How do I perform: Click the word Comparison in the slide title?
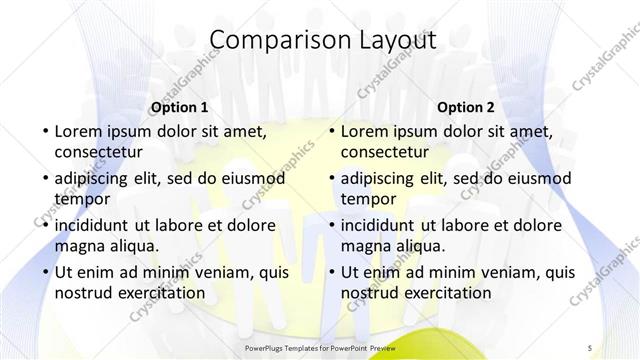(270, 40)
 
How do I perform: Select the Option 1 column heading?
(180, 107)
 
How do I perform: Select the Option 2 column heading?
(466, 107)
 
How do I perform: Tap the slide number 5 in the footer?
(591, 346)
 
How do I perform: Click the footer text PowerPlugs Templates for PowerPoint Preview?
(320, 346)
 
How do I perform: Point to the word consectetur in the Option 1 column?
(99, 152)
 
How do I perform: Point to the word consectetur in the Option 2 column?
(385, 152)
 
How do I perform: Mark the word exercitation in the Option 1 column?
(160, 293)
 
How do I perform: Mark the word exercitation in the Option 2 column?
(446, 293)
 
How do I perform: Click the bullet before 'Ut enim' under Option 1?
(45, 272)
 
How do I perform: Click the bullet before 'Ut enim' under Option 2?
(331, 272)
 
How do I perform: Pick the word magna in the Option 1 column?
(78, 246)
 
